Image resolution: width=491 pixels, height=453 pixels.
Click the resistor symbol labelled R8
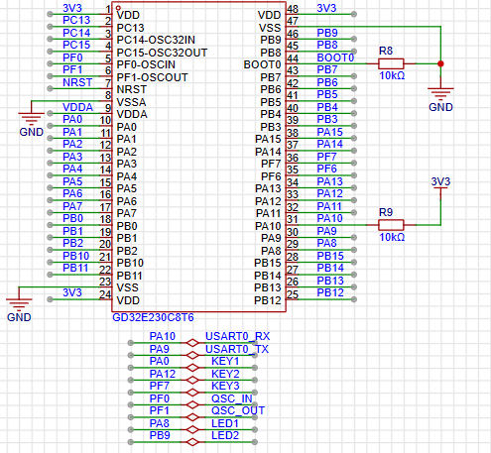(392, 64)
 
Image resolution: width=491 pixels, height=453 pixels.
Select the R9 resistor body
(392, 225)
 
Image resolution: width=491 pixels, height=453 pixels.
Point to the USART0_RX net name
(236, 337)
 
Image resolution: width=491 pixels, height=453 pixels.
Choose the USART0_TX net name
(236, 349)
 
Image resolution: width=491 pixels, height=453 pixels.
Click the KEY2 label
(225, 374)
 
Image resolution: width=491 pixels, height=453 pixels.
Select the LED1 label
(225, 423)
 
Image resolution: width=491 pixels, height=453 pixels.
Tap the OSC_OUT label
(238, 410)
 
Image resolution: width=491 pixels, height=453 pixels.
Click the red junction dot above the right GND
(440, 64)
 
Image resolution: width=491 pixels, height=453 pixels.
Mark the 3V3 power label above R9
(441, 182)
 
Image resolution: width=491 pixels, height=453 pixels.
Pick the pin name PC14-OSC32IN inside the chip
(162, 40)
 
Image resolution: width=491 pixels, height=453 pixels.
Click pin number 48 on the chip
(293, 9)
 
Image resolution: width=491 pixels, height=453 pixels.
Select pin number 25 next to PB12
(293, 293)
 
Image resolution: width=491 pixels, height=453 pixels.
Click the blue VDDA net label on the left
(76, 107)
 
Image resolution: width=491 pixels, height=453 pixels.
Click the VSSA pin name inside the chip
(133, 101)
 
